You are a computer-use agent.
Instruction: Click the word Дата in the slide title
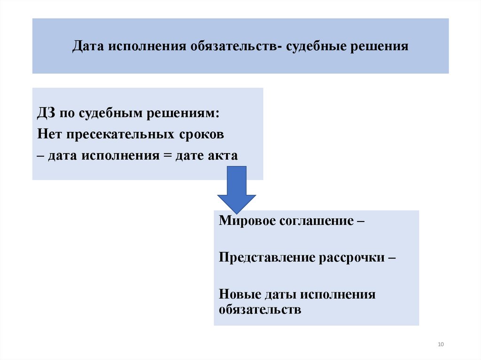tap(88, 47)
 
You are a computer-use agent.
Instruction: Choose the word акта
tap(222, 156)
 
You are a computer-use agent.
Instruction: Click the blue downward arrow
tap(236, 190)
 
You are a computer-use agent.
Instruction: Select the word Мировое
tap(246, 221)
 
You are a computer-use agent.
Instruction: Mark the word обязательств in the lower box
tap(260, 310)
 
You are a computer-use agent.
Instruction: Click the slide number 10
tap(440, 345)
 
